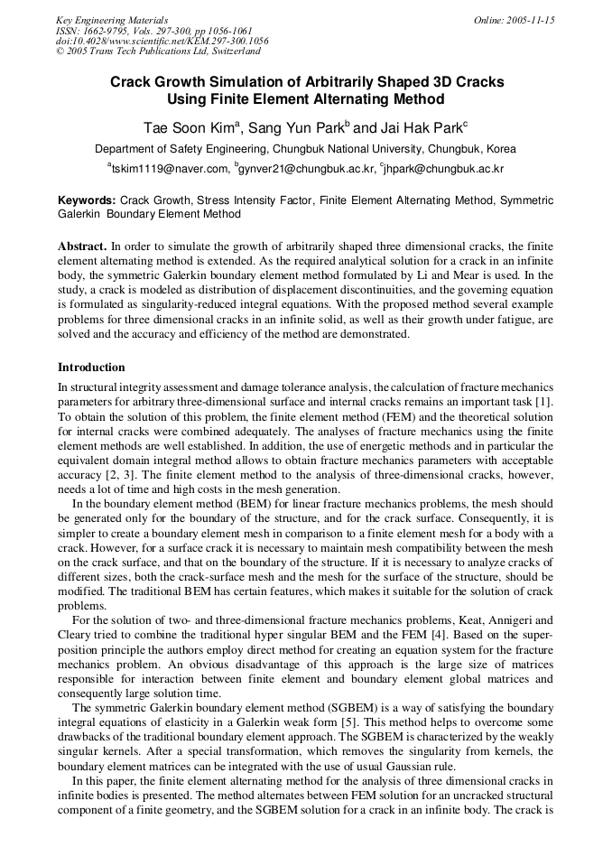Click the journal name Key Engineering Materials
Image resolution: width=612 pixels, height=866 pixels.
coord(112,20)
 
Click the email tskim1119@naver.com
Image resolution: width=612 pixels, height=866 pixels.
coord(171,169)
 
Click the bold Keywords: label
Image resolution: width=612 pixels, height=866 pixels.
coord(87,200)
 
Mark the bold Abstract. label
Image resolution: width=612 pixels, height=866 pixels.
coord(82,246)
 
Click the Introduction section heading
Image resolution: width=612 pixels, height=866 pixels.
coord(91,368)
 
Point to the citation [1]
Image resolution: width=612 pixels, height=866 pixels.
coord(544,400)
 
